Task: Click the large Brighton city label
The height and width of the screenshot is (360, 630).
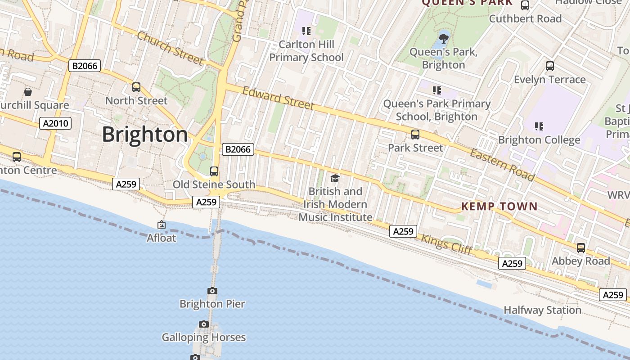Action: tap(145, 135)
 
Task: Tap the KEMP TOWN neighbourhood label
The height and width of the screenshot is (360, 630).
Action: tap(499, 207)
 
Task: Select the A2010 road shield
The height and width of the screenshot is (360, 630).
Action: tap(55, 123)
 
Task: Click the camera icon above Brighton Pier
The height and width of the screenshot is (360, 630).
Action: tap(212, 291)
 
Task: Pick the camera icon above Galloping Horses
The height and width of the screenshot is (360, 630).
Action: tap(204, 324)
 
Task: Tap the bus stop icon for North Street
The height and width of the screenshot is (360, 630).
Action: tap(136, 87)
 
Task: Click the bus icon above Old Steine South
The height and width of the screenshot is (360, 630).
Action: tap(214, 171)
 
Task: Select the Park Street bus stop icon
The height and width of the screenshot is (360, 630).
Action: tap(415, 135)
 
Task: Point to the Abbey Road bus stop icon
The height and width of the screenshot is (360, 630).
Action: tap(581, 248)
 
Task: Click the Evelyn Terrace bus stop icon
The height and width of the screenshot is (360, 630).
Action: tap(549, 66)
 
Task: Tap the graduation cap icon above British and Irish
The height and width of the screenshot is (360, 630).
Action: tap(335, 179)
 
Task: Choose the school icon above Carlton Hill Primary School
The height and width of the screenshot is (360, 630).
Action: tap(306, 31)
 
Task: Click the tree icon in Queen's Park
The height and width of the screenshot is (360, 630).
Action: tap(443, 38)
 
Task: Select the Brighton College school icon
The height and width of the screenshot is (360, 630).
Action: tap(539, 126)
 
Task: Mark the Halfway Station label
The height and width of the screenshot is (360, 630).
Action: tap(542, 310)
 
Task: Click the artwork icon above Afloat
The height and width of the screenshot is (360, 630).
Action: tap(162, 225)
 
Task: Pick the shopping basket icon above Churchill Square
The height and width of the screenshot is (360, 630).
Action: tap(28, 92)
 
